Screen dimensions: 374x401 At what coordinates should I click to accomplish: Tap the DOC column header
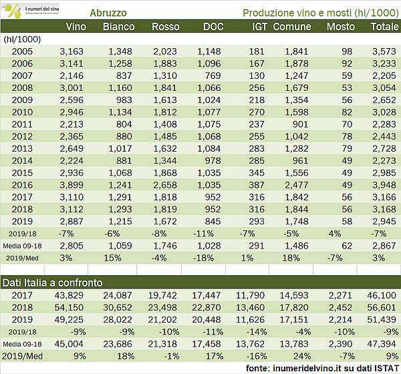[214, 27]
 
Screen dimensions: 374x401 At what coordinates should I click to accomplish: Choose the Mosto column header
[341, 27]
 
